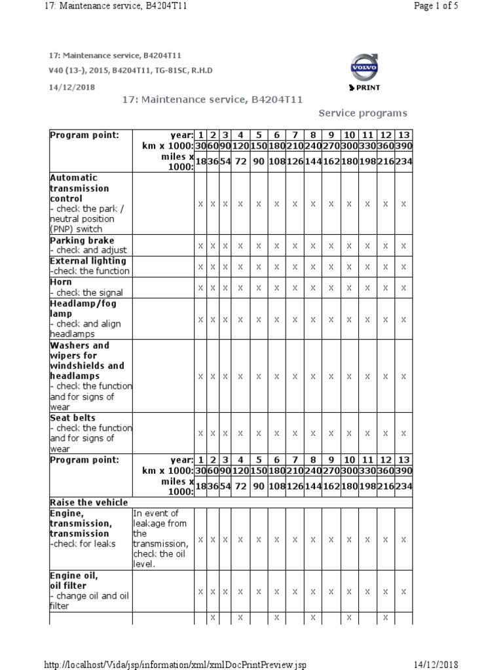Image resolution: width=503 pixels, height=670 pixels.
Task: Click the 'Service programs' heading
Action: [x=362, y=113]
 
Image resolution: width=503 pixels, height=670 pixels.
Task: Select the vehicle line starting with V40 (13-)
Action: [x=131, y=71]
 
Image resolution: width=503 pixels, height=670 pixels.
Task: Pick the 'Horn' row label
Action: [x=61, y=282]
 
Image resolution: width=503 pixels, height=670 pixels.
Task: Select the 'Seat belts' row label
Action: [x=73, y=417]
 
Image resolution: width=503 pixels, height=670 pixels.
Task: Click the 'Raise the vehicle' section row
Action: [x=88, y=502]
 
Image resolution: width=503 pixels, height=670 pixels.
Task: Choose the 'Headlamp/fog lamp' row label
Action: [x=83, y=308]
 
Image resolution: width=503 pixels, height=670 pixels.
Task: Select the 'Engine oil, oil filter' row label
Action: [x=74, y=580]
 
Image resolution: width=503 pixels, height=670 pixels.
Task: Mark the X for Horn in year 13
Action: [x=403, y=287]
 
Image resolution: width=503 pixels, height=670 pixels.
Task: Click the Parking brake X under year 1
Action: [x=200, y=245]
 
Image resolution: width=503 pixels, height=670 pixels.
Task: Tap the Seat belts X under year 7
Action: [x=295, y=433]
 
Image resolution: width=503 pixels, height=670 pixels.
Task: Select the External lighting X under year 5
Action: [x=258, y=266]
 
